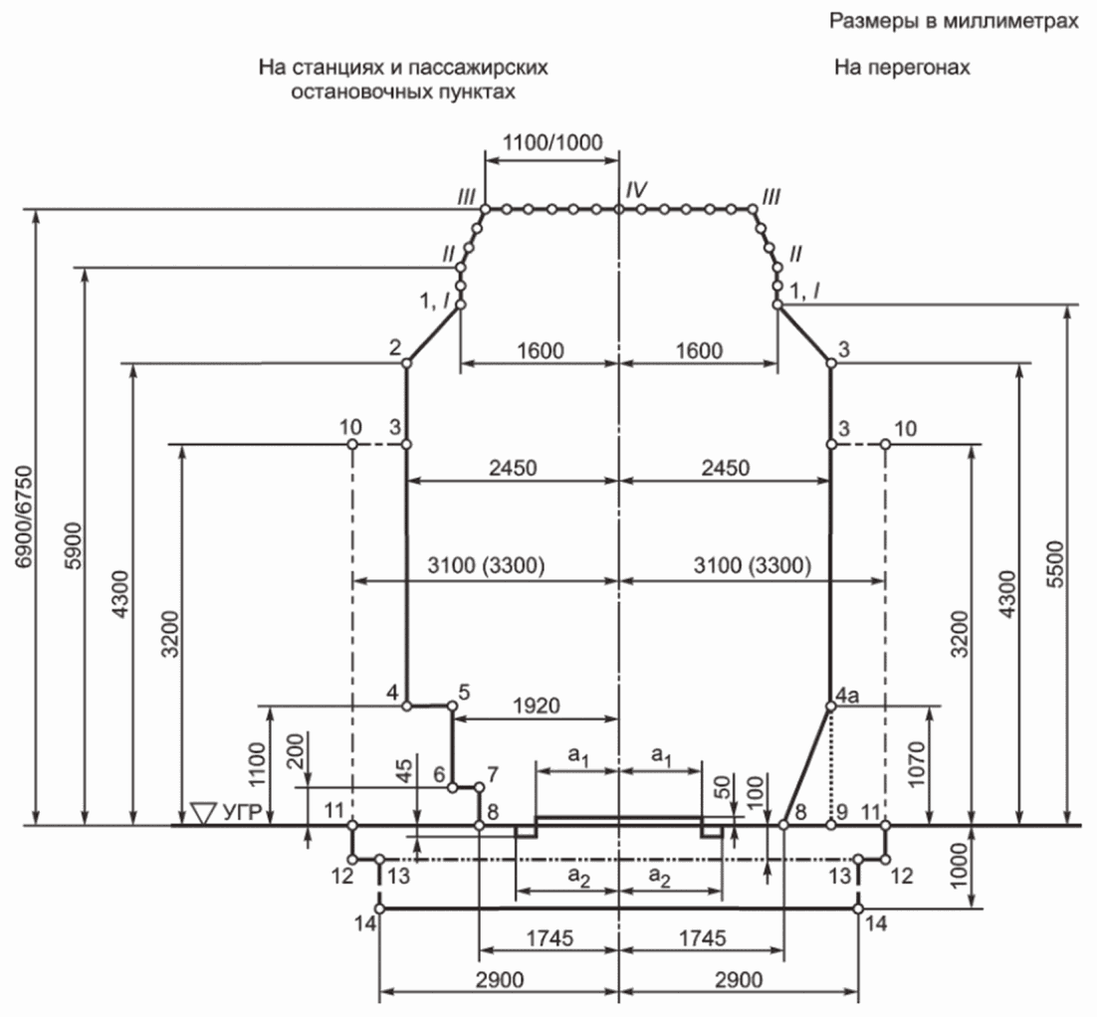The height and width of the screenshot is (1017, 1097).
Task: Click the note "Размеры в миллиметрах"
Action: click(x=952, y=20)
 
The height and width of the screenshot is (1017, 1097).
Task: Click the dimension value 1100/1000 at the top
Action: click(x=552, y=141)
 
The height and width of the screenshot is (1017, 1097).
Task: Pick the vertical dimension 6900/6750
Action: click(x=20, y=516)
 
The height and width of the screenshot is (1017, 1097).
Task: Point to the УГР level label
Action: click(x=242, y=814)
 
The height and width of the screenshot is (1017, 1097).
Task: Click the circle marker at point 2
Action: click(x=406, y=364)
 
